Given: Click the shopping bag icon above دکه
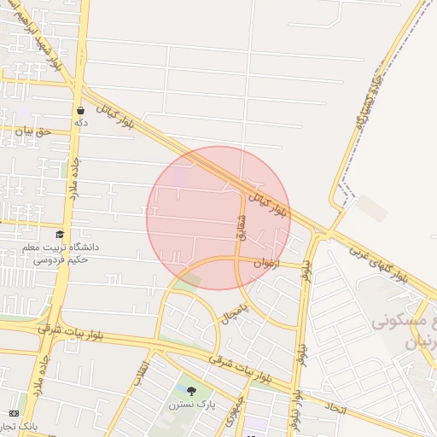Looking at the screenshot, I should tap(81, 110).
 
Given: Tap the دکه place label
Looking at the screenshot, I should tap(81, 123).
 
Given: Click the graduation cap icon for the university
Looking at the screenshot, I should tap(60, 234).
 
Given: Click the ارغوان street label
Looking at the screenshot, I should tap(265, 264).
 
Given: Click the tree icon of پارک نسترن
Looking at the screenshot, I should tap(190, 391).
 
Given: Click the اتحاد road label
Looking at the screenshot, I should tap(336, 411).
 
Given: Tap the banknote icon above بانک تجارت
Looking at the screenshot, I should tap(13, 412).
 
